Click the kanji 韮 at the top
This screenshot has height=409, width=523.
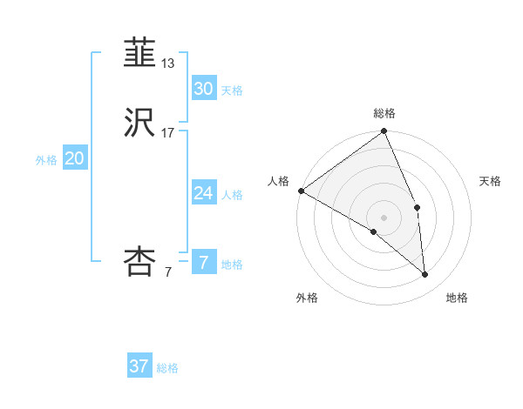click(x=140, y=53)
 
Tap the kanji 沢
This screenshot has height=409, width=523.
click(x=140, y=122)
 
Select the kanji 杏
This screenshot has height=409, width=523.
click(x=140, y=261)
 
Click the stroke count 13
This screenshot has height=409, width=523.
click(x=168, y=64)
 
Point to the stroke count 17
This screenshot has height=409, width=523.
click(x=168, y=133)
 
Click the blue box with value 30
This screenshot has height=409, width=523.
click(x=203, y=89)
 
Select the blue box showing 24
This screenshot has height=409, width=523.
click(x=203, y=193)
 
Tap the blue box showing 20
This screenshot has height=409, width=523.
click(x=75, y=158)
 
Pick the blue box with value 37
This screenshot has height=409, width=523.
click(x=139, y=366)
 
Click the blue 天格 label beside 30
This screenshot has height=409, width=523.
click(x=232, y=91)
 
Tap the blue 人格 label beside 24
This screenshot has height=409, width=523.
click(x=232, y=195)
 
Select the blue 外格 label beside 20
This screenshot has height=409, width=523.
click(x=46, y=160)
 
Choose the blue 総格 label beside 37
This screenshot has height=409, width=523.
click(x=167, y=368)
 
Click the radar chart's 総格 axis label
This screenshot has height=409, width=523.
click(x=384, y=113)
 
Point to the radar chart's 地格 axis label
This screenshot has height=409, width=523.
click(x=457, y=298)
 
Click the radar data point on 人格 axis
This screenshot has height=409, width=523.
click(x=301, y=191)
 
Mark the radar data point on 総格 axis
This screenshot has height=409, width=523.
click(x=384, y=132)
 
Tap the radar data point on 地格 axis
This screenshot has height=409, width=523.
click(x=425, y=275)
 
